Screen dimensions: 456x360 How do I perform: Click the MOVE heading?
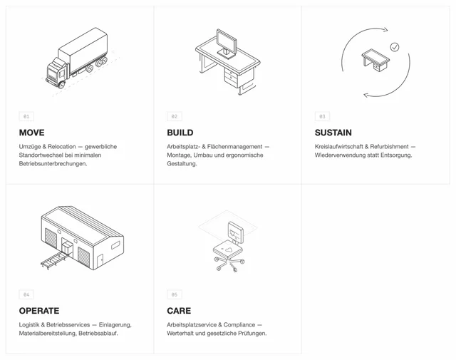click(31, 133)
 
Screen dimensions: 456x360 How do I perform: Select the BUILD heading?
click(180, 133)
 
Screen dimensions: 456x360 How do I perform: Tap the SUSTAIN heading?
click(333, 133)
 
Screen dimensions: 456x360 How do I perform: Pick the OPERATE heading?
click(39, 311)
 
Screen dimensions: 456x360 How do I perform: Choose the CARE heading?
click(179, 311)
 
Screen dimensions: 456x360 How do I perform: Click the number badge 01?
click(26, 116)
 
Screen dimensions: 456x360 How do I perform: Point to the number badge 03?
click(322, 116)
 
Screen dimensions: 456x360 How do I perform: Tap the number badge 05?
click(175, 294)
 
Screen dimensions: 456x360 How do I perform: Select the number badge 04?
click(26, 294)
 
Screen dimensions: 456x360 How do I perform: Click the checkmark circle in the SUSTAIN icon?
click(395, 47)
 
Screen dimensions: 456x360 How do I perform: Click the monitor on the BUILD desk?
click(227, 43)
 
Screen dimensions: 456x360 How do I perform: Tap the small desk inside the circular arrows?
click(375, 60)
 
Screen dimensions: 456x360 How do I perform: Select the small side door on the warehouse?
click(100, 260)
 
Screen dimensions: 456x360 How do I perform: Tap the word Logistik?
click(29, 325)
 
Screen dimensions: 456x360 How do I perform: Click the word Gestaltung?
click(182, 164)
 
